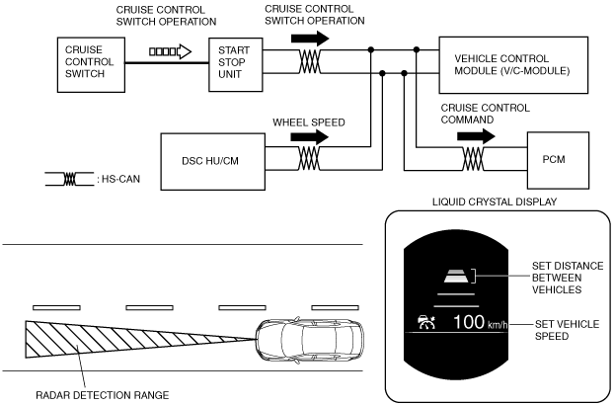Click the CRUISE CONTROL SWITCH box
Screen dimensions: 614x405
click(91, 65)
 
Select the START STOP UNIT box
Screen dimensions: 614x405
click(235, 65)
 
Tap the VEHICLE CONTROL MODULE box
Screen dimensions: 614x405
click(513, 65)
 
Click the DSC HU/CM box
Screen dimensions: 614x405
click(212, 162)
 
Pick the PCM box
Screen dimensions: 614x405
click(558, 160)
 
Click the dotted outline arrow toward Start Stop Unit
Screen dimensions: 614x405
click(171, 51)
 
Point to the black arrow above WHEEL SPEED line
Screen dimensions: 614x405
click(309, 137)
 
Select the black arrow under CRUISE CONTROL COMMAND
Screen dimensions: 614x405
click(476, 136)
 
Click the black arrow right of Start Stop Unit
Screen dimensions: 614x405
click(310, 39)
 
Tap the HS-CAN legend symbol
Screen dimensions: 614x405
click(70, 179)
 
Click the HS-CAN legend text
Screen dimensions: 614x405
click(120, 179)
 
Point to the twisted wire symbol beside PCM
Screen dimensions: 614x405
click(473, 159)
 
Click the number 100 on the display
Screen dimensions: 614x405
click(469, 322)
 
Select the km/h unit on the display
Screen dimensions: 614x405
click(498, 325)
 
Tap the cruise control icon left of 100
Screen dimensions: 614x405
click(426, 322)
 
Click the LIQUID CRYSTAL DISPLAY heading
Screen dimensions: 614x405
click(495, 202)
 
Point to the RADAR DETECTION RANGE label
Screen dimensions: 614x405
click(103, 395)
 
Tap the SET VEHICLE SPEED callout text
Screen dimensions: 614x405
click(567, 330)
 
